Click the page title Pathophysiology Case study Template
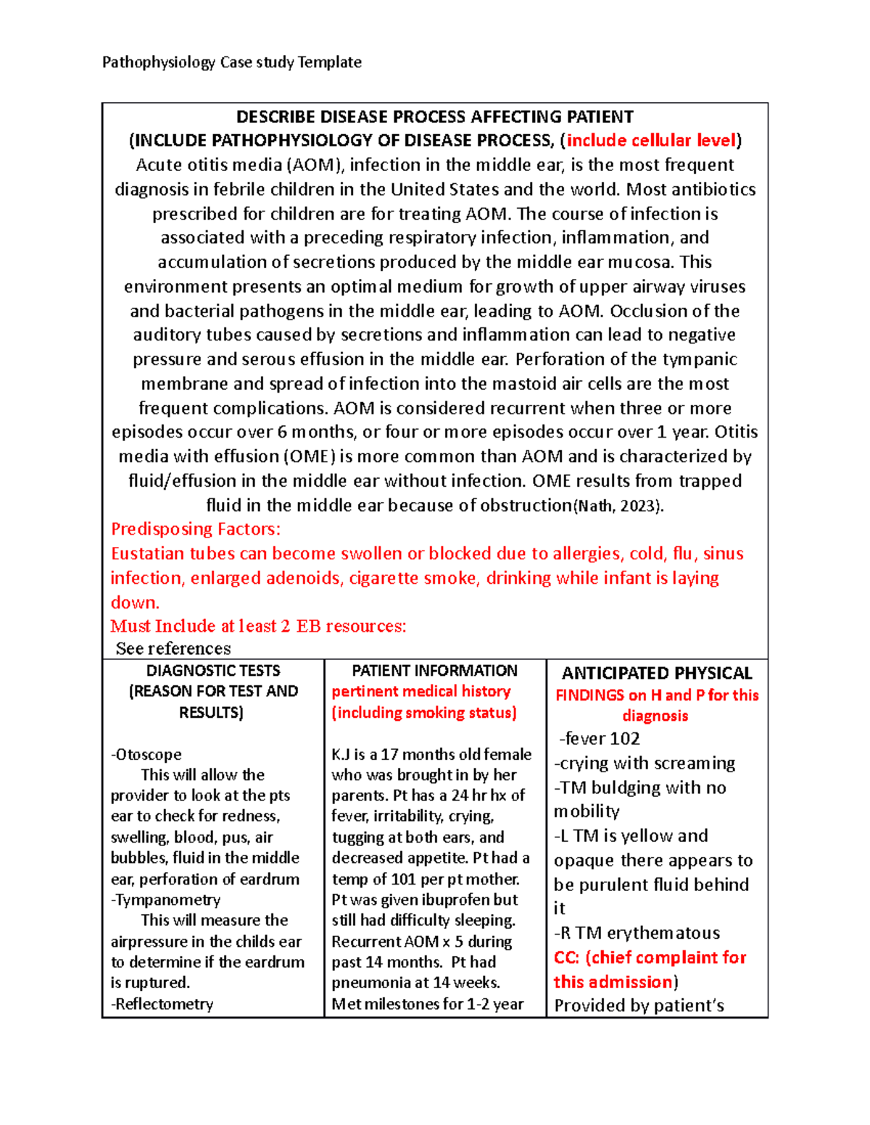(x=231, y=62)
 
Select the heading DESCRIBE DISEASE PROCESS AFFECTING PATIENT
(x=435, y=117)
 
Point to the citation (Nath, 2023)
(x=618, y=506)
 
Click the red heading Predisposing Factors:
(x=195, y=530)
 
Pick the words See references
(x=173, y=648)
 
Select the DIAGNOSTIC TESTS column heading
(x=213, y=671)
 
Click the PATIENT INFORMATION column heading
(x=434, y=671)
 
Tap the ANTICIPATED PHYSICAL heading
(x=657, y=673)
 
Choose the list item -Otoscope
(x=146, y=754)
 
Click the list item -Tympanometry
(x=165, y=900)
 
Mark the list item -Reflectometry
(x=162, y=1004)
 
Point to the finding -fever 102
(x=600, y=739)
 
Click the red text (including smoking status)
(x=424, y=713)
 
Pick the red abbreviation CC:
(x=566, y=958)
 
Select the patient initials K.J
(x=341, y=754)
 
